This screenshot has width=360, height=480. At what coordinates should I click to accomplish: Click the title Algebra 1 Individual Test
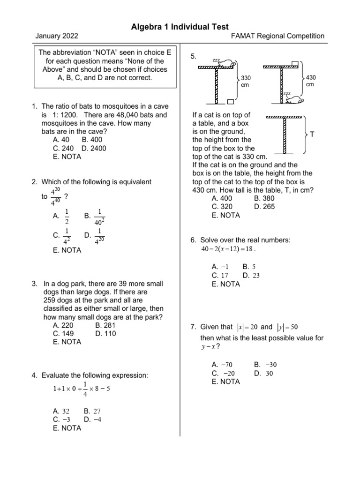[x=180, y=27]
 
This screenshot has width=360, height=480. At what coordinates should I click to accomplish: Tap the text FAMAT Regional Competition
[x=278, y=36]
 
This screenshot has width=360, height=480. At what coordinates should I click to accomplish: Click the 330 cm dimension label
[x=247, y=81]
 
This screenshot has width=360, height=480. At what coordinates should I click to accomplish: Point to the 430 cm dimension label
[x=310, y=81]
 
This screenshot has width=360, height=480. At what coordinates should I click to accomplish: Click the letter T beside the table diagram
[x=312, y=135]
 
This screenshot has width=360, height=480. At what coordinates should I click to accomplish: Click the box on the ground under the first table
[x=230, y=101]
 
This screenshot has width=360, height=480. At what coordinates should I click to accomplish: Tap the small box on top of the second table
[x=294, y=64]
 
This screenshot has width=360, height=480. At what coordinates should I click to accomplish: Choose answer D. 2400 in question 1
[x=94, y=148]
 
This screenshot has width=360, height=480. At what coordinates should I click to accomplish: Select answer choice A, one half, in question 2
[x=62, y=216]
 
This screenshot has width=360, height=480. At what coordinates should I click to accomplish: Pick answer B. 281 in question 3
[x=105, y=325]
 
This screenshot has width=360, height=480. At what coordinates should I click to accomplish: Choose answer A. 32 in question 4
[x=61, y=411]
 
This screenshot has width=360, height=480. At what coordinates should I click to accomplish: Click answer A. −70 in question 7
[x=222, y=365]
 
